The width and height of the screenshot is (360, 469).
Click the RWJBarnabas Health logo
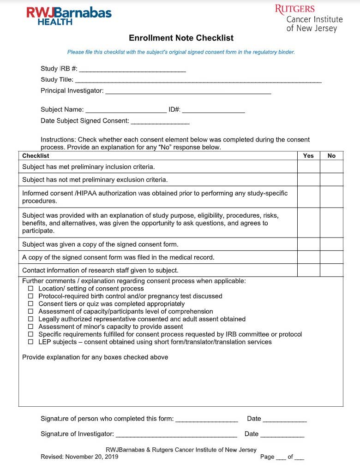coord(69,15)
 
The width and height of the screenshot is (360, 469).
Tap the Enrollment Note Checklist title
coord(181,38)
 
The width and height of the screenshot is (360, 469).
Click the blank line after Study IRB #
coord(132,70)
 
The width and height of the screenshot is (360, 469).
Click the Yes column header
coord(308,156)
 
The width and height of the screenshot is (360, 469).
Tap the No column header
coord(331,156)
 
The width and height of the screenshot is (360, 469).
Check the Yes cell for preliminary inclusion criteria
coord(308,166)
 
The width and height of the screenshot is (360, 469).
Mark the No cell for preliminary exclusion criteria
coord(331,179)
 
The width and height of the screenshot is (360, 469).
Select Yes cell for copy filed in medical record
coord(308,257)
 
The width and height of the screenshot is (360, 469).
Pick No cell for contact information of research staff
coord(331,270)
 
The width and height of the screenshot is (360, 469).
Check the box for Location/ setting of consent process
coord(31,289)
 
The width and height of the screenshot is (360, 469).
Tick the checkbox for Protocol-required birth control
coord(31,296)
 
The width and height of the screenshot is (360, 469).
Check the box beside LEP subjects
coord(31,342)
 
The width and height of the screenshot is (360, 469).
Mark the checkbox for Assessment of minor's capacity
coord(31,327)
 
